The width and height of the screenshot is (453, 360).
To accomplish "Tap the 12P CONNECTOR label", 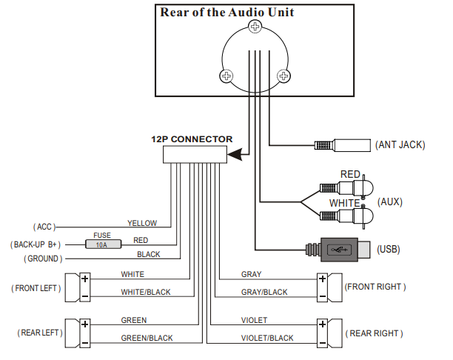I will [x=192, y=139].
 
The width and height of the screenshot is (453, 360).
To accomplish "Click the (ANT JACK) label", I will [x=400, y=144].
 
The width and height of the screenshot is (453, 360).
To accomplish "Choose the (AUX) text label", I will [x=390, y=201].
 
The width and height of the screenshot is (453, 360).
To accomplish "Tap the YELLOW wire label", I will [x=142, y=223].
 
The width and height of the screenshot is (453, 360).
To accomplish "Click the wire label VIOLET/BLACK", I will [x=267, y=338].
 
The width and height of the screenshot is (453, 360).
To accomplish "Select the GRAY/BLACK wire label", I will [x=264, y=292].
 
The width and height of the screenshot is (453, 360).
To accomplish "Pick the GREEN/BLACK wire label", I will [x=147, y=338].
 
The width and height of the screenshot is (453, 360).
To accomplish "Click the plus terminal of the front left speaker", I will [x=85, y=279].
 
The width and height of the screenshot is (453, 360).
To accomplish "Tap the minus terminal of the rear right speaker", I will [x=322, y=341].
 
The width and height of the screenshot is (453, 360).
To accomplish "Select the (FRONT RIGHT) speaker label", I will [x=375, y=287].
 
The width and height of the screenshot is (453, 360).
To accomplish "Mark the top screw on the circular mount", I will [x=255, y=27].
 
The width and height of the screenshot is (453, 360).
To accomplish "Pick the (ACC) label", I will [x=44, y=227].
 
